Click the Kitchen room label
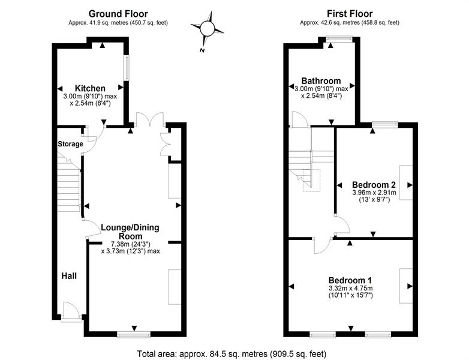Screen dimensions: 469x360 point(90,89)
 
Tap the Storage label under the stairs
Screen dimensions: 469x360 point(70,144)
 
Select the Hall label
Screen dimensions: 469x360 point(69,276)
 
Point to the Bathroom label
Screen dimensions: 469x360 point(321,81)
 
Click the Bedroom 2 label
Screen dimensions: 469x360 point(374,185)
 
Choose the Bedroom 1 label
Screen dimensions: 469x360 point(350,280)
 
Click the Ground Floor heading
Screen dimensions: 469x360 point(118,14)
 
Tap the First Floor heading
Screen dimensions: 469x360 point(350,14)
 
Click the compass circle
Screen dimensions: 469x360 point(207,29)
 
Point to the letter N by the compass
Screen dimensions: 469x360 point(202,50)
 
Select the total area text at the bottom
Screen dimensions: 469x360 point(232,354)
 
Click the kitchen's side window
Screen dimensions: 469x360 point(127,68)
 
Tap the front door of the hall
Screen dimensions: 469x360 point(71,313)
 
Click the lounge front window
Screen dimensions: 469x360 point(134,335)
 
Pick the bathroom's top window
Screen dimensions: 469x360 point(339,38)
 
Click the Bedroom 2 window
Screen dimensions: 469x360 point(385,124)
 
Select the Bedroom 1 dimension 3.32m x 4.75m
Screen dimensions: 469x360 point(351,289)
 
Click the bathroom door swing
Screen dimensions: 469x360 point(300,119)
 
